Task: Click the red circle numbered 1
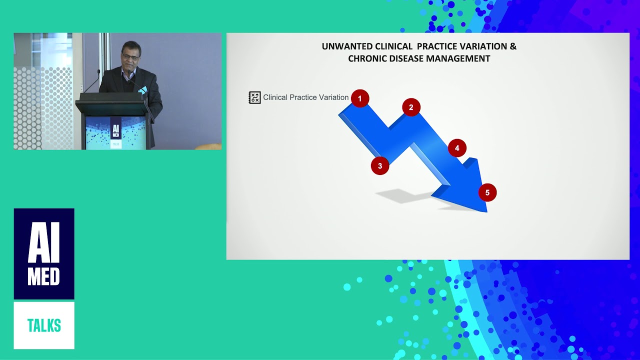point(359,98)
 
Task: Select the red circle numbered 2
point(411,107)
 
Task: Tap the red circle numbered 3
point(380,166)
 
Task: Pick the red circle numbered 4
point(457,148)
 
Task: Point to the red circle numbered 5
point(487,192)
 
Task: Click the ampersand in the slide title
point(513,46)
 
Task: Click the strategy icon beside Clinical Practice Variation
point(254,97)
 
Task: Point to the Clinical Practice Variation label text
point(305,97)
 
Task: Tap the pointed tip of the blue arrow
point(486,211)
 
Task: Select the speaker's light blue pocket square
point(143,90)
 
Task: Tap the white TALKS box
point(44,325)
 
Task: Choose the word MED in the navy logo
point(44,276)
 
